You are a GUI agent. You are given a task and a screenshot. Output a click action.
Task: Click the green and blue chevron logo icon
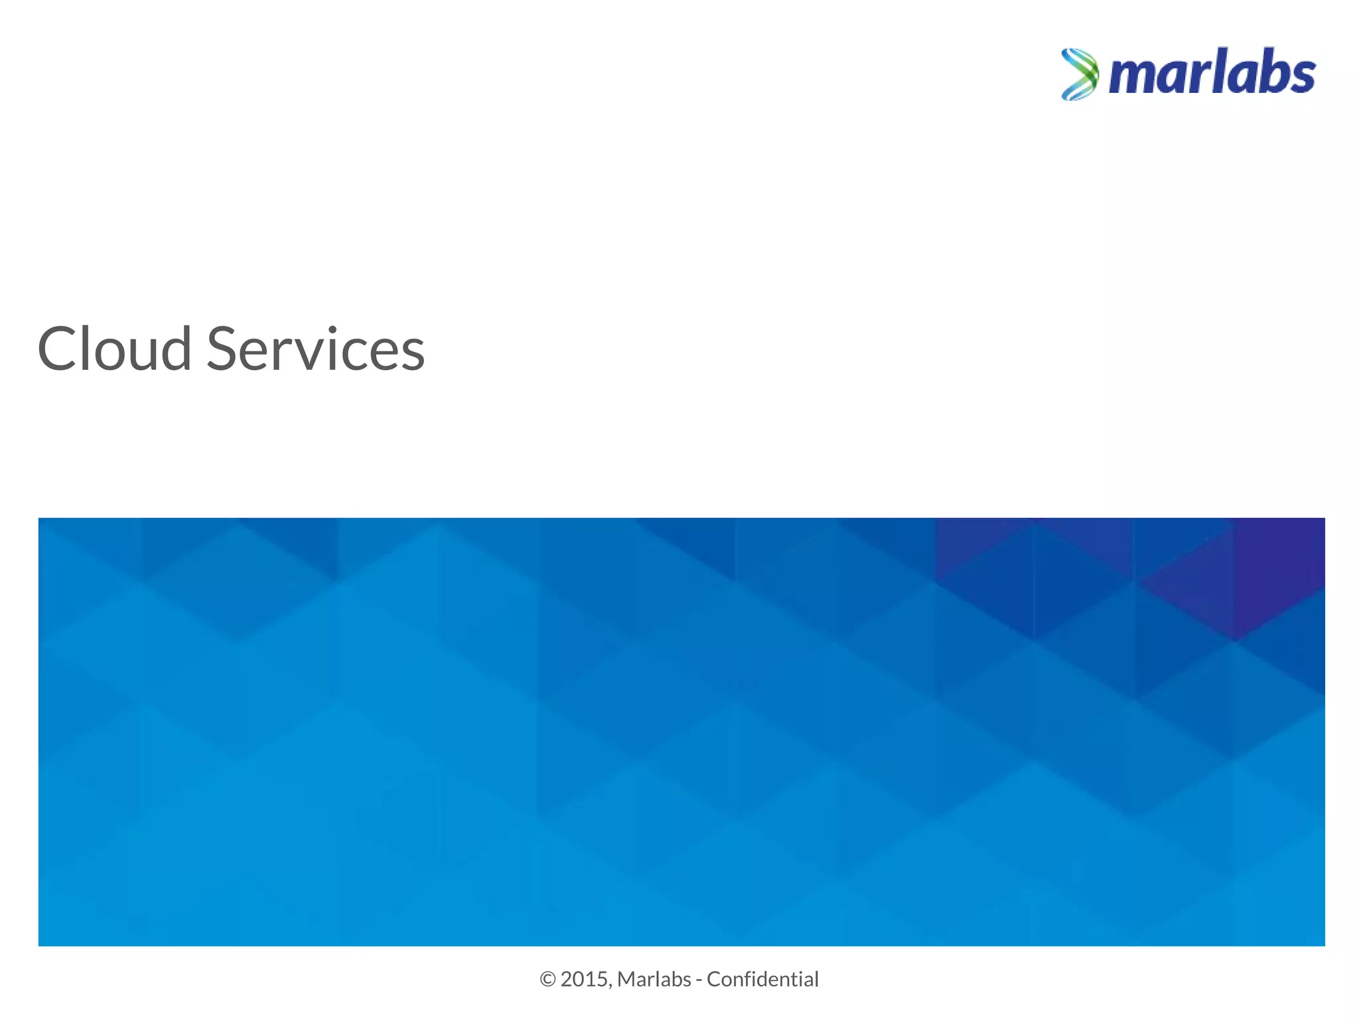click(x=1080, y=74)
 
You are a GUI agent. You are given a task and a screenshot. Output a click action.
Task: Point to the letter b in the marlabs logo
click(x=1269, y=72)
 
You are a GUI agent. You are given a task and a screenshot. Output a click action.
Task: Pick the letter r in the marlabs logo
click(x=1198, y=77)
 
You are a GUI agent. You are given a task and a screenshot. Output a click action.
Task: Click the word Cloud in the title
click(x=114, y=349)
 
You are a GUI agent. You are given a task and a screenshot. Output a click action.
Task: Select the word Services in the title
click(x=316, y=349)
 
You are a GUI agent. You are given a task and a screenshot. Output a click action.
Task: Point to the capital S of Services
click(x=224, y=349)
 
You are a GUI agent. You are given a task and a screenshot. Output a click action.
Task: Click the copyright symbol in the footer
click(x=547, y=979)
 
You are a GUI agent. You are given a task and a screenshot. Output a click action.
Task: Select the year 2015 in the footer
click(x=584, y=979)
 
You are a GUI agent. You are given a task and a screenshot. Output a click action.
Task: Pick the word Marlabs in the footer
click(x=654, y=979)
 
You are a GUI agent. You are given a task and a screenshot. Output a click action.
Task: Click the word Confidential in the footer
click(x=762, y=979)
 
